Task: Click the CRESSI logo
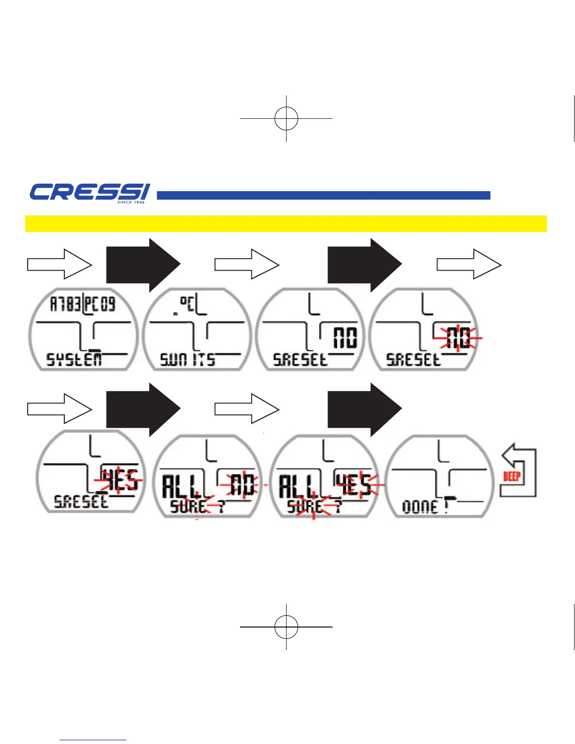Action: (89, 192)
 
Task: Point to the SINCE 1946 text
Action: (131, 202)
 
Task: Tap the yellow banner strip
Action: (286, 224)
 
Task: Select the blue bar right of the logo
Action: (323, 195)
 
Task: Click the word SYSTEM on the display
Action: (74, 360)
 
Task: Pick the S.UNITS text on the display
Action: (187, 360)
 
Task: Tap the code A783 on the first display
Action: (65, 304)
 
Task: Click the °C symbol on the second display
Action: (188, 302)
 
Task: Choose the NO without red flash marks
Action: (345, 338)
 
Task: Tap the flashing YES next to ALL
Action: (356, 484)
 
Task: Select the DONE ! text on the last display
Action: (425, 507)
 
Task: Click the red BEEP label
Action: (512, 477)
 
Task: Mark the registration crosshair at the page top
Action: (286, 118)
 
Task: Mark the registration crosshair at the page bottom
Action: (286, 627)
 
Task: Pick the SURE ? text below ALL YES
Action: (313, 507)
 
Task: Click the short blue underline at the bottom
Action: (93, 740)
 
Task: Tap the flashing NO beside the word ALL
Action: (242, 484)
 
